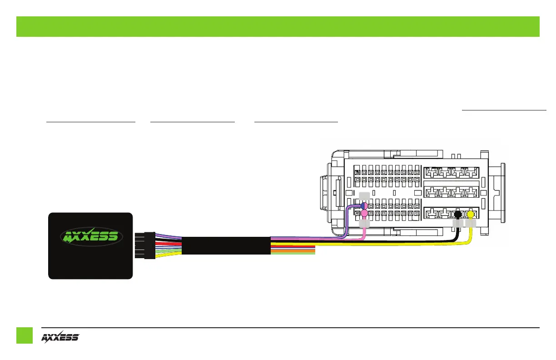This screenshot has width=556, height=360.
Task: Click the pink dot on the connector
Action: [x=364, y=213]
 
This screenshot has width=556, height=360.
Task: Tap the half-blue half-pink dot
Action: [x=364, y=205]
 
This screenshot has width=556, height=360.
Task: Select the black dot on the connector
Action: [x=458, y=214]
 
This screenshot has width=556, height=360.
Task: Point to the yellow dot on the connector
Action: [x=471, y=214]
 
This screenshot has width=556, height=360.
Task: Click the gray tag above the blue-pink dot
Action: [x=364, y=196]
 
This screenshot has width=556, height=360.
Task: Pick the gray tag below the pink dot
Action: [x=364, y=224]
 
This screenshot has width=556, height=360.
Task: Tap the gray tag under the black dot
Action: [x=457, y=223]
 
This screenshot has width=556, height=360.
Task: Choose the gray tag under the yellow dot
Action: [x=471, y=223]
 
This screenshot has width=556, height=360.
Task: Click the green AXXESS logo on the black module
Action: [x=90, y=236]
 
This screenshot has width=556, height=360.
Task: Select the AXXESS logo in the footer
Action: [x=60, y=337]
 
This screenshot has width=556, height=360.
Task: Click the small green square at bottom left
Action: [x=25, y=335]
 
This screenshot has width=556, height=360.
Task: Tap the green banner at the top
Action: [x=278, y=26]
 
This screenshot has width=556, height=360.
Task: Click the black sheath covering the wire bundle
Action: [x=226, y=246]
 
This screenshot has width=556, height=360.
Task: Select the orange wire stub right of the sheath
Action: [x=293, y=250]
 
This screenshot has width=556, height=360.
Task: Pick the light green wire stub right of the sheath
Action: [x=293, y=253]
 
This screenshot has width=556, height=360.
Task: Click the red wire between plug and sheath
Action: [x=168, y=244]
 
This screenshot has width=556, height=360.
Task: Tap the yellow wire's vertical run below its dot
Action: [x=471, y=234]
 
